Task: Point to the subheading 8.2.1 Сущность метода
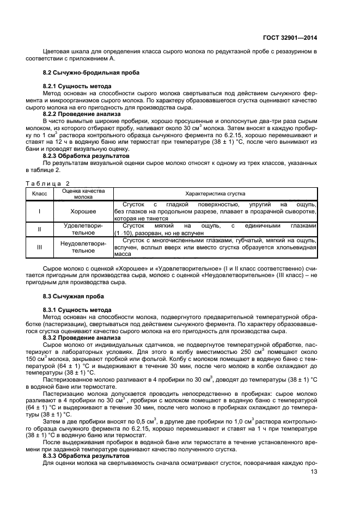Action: (x=77, y=87)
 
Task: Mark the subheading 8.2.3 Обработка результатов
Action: (x=86, y=156)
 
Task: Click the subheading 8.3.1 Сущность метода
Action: (x=77, y=309)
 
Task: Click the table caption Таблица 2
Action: (x=48, y=183)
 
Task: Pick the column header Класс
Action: (x=39, y=194)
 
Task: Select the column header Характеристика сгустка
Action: (x=215, y=194)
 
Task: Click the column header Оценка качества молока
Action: (x=83, y=194)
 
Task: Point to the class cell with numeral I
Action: (x=39, y=211)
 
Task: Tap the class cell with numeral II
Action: (x=39, y=229)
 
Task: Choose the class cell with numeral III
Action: (x=39, y=248)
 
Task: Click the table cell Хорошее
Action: (x=83, y=211)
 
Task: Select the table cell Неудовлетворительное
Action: (x=83, y=248)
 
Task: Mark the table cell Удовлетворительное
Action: (x=83, y=229)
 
